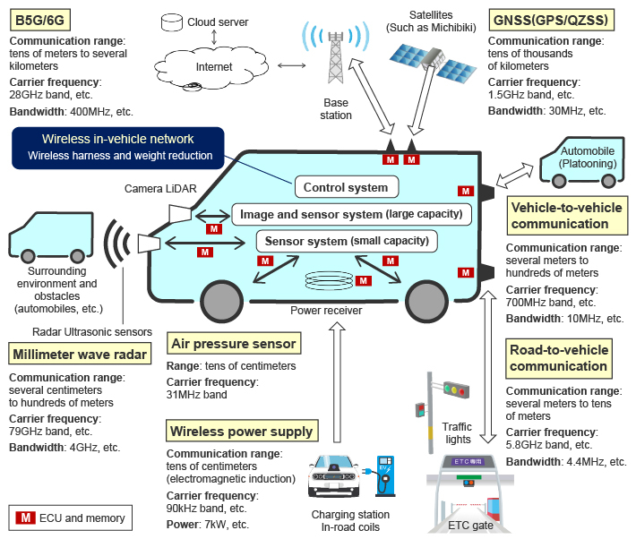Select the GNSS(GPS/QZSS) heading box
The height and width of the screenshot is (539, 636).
tap(550, 19)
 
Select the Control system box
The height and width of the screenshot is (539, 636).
tap(345, 187)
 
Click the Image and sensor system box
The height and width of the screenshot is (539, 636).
tap(350, 214)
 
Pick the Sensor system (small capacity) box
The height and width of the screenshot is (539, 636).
tap(346, 241)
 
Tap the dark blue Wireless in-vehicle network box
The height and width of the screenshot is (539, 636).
tap(117, 147)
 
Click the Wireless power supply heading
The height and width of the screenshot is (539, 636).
tap(243, 432)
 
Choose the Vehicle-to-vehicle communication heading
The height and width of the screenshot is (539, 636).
tap(559, 216)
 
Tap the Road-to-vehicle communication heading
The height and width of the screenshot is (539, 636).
tap(559, 358)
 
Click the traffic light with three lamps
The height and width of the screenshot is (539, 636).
tap(455, 390)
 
